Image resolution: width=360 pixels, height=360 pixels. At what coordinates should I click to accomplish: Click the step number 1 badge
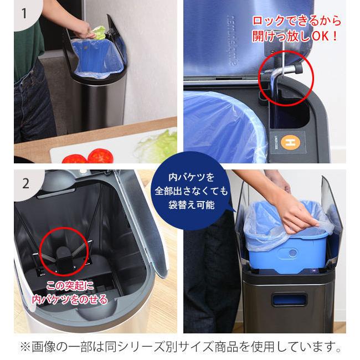(25, 13)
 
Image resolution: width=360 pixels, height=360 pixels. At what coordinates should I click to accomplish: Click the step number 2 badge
(25, 184)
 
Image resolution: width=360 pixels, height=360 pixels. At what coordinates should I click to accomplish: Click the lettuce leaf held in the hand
(99, 32)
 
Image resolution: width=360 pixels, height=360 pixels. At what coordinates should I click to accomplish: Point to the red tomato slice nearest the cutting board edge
(75, 159)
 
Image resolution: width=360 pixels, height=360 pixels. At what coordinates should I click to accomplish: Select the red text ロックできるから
(297, 21)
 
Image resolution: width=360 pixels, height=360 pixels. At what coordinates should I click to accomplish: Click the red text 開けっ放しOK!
(295, 36)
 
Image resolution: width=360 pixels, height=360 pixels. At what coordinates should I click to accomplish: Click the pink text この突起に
(70, 286)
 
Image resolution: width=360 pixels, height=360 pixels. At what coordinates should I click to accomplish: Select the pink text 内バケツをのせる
(70, 300)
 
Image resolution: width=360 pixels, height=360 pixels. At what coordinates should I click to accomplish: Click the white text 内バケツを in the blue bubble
(192, 177)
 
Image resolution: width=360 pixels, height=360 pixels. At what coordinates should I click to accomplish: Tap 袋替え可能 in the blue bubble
(192, 204)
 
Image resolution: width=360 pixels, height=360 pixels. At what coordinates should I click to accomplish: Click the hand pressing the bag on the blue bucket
(296, 214)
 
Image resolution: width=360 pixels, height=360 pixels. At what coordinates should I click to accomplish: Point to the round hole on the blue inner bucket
(292, 254)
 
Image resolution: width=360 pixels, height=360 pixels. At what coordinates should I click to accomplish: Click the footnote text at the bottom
(181, 347)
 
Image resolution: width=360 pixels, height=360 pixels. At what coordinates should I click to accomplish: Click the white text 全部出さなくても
(192, 191)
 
